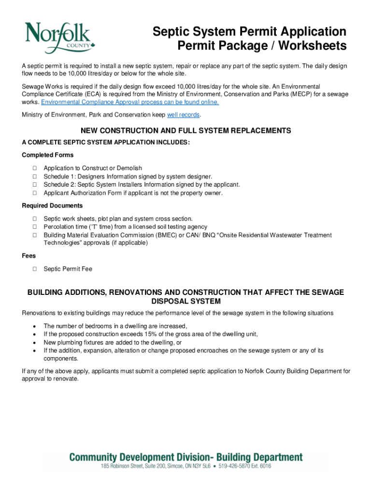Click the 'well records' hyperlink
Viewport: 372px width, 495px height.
pos(183,115)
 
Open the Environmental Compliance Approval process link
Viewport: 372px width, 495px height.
pos(130,102)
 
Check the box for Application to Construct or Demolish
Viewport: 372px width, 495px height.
pos(35,168)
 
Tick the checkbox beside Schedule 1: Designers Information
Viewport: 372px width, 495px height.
pos(35,176)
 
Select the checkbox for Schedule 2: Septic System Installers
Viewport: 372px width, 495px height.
pos(35,185)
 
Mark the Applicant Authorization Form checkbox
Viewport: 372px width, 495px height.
pos(35,193)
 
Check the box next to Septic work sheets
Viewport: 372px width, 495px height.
pos(35,219)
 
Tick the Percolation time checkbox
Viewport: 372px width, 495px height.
pos(35,227)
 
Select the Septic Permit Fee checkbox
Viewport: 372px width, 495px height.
pos(35,269)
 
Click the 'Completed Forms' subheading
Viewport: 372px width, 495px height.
pos(48,155)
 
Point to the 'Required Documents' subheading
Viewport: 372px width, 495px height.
pos(52,206)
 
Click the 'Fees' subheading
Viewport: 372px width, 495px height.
pos(29,256)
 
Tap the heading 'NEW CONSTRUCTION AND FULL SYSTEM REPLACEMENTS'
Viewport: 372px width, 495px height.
pos(186,131)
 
